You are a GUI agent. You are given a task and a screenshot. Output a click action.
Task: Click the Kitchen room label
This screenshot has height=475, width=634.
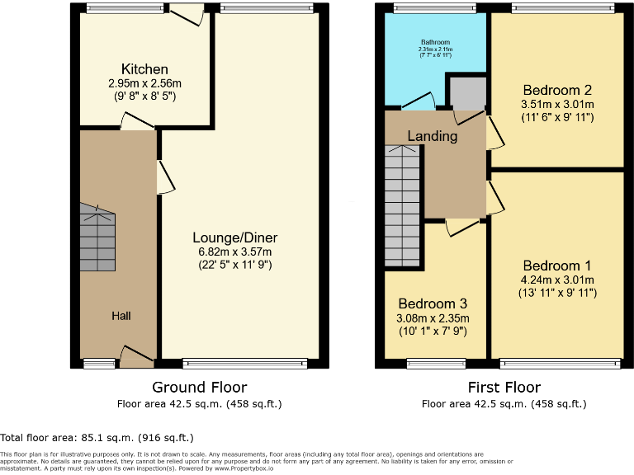point(144,69)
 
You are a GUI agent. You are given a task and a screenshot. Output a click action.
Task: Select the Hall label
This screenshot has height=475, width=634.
point(121,316)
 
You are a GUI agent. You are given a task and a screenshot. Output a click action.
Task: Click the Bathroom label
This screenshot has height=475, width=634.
point(435,42)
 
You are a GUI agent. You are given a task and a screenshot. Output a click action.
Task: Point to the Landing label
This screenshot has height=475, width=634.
point(433,136)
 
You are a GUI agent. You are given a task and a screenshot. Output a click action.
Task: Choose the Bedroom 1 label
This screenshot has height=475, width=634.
point(556,266)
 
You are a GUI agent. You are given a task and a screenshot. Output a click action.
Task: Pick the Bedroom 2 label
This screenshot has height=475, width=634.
point(556,90)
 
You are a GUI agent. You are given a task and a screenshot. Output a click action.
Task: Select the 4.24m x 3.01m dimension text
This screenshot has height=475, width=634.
point(556,280)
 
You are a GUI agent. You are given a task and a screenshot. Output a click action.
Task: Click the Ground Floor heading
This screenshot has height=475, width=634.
point(200,387)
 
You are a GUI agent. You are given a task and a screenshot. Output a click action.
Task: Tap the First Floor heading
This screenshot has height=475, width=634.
point(504,387)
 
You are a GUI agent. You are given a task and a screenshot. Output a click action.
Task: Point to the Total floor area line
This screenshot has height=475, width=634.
point(97,438)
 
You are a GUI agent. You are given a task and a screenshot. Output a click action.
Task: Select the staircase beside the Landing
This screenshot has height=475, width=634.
point(403,206)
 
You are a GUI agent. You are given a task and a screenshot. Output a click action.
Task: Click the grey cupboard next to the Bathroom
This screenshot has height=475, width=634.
point(467,93)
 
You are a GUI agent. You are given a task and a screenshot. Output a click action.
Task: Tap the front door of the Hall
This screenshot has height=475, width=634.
point(136,357)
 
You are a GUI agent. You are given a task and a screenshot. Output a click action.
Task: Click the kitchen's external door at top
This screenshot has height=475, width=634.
point(186,14)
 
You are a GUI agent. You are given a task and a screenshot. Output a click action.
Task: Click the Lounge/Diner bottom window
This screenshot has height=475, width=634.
point(245,363)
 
